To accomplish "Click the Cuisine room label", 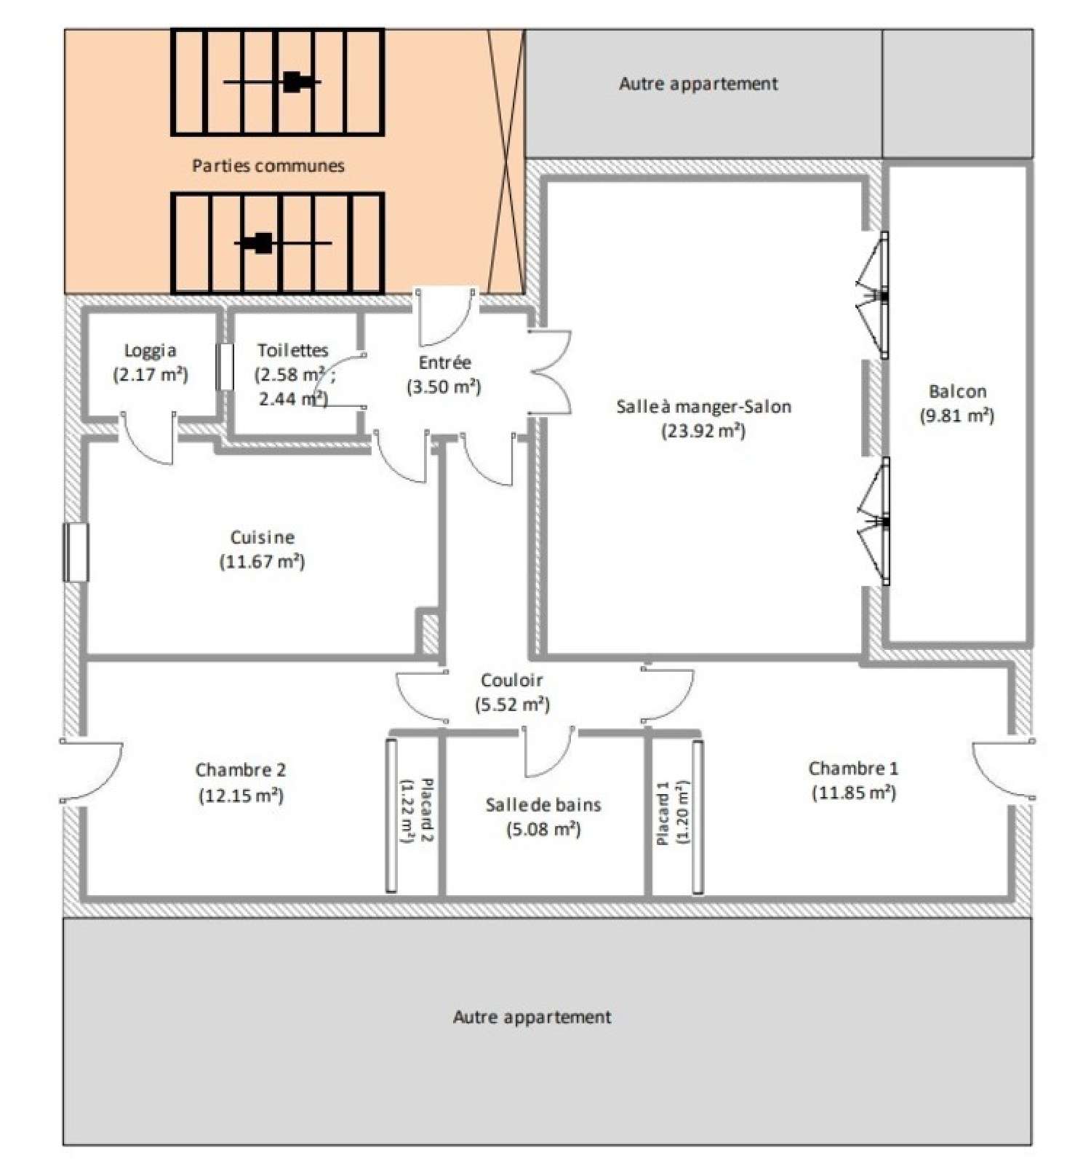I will coord(263,538).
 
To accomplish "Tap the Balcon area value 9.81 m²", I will coord(957,416).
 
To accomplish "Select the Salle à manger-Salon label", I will coord(703,407).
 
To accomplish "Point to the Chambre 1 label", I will coord(853,769).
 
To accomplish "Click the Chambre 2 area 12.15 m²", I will coord(241,795).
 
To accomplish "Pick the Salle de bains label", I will coord(543,805).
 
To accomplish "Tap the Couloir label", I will coord(511,681).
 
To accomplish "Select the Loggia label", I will coord(150,351).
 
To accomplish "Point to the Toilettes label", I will coord(293,351).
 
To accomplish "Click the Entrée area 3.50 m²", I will coord(444,386).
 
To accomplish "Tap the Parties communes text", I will coord(268,165).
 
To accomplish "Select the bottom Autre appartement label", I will coord(532,1017).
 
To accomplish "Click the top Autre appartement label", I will coord(698,84).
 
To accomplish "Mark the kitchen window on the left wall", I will coord(76,552).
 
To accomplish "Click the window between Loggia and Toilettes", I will coord(225,366).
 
